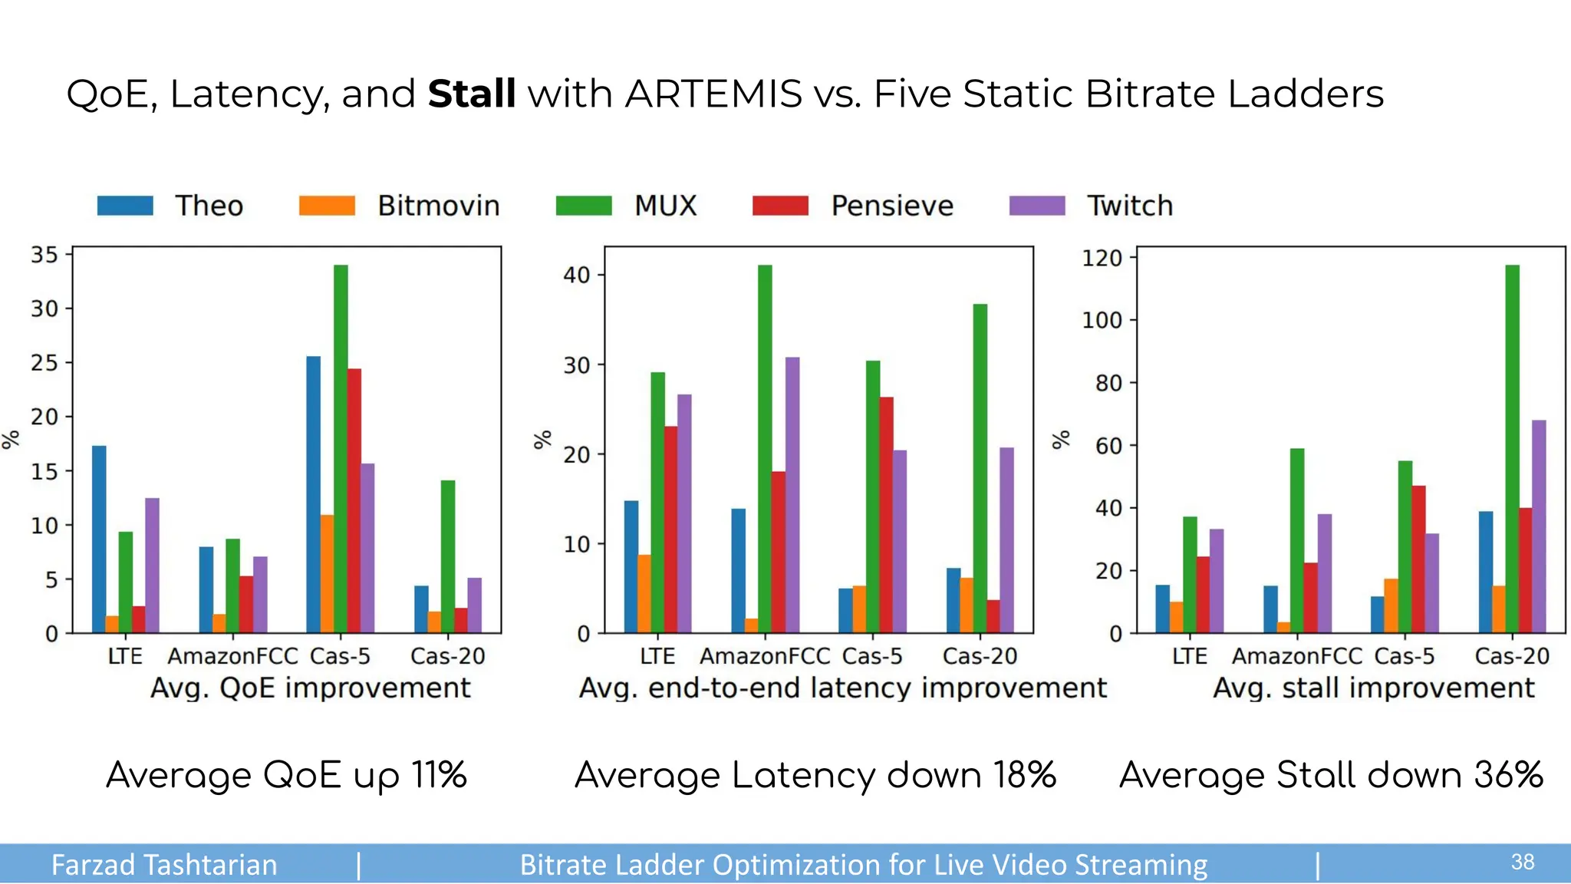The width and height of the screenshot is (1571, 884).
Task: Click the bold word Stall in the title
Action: click(471, 94)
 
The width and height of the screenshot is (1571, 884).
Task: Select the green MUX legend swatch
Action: click(583, 206)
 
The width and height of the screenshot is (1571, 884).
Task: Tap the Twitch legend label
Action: click(1129, 206)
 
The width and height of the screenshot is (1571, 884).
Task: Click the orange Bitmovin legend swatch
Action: click(327, 206)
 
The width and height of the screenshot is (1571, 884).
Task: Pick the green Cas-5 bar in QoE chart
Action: click(341, 449)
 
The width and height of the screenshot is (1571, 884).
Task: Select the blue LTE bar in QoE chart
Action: click(99, 539)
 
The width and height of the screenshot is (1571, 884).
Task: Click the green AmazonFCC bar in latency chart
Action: click(765, 449)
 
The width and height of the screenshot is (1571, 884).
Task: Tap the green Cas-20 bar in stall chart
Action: click(1512, 449)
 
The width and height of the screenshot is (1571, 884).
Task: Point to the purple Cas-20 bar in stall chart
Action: click(1538, 526)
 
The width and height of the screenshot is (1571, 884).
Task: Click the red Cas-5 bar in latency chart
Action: click(886, 515)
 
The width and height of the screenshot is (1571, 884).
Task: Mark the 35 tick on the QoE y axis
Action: click(44, 254)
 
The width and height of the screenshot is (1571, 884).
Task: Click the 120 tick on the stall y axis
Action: click(1102, 258)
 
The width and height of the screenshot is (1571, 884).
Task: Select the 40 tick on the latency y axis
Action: click(576, 275)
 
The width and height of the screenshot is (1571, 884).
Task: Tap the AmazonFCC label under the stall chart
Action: click(1296, 656)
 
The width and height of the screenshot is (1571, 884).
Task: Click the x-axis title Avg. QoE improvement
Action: click(310, 688)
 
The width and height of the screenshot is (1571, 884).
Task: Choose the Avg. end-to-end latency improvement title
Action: click(842, 688)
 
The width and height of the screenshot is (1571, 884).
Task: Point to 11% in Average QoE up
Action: click(438, 775)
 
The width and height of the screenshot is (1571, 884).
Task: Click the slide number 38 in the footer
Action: click(1522, 863)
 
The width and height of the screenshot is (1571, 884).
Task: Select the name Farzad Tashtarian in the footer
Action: click(164, 865)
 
